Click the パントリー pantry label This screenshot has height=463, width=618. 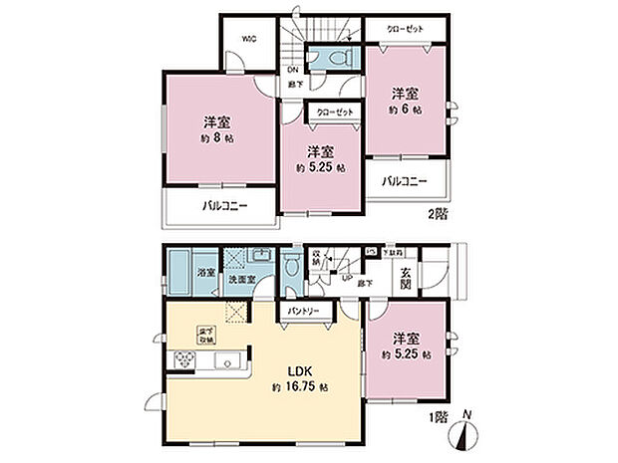click(x=304, y=313)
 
